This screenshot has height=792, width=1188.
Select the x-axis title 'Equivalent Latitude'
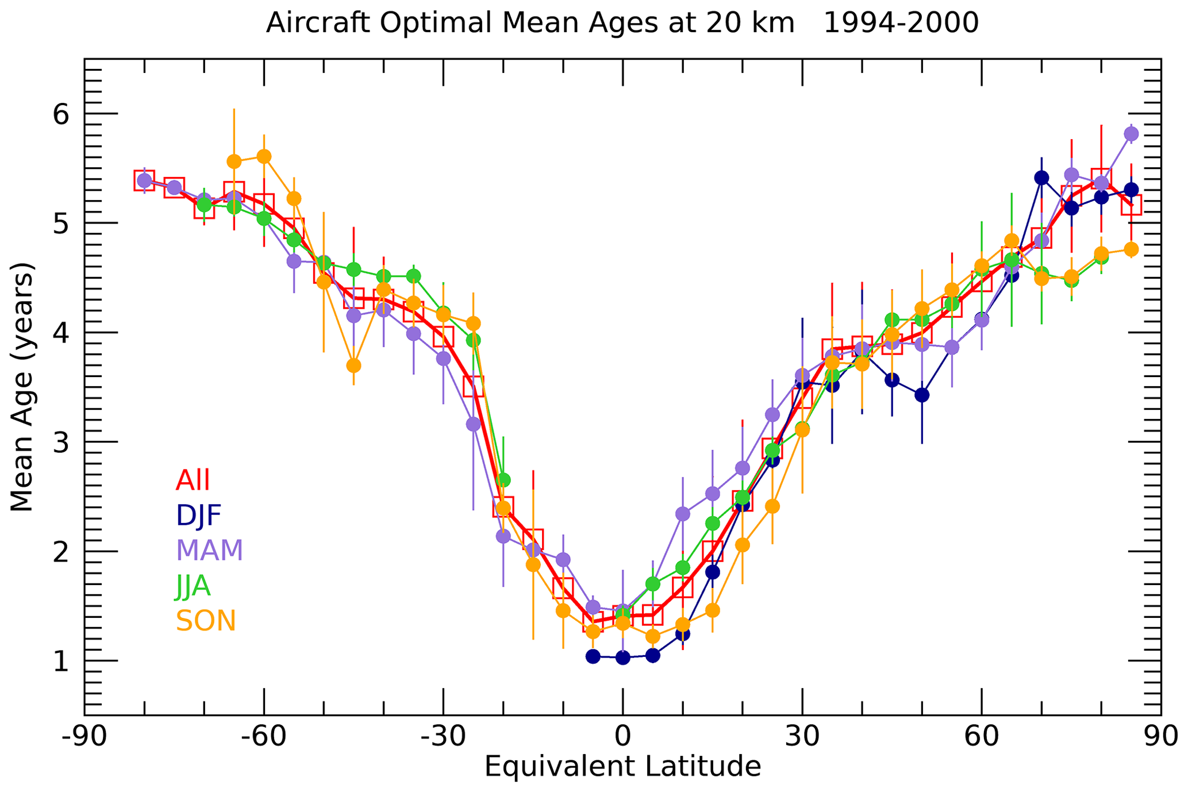pos(622,767)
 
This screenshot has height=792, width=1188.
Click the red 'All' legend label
pos(193,480)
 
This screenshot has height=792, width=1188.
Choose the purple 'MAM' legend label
pos(209,551)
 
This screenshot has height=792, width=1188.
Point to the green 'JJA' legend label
pos(193,586)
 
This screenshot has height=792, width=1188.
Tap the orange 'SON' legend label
pos(206,621)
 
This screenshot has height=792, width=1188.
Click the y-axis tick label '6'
pos(61,115)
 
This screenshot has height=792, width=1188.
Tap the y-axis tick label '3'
pos(61,443)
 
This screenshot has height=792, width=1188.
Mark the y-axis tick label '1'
pos(61,662)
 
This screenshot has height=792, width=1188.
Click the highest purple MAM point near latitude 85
pos(1131,134)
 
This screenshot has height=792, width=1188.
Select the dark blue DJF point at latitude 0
pos(622,658)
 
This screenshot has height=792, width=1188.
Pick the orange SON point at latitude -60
pos(264,156)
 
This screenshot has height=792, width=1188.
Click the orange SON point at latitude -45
pos(353,366)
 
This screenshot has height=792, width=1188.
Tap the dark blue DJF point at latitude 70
pos(1041,178)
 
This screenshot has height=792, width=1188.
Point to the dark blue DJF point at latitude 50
pos(922,395)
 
